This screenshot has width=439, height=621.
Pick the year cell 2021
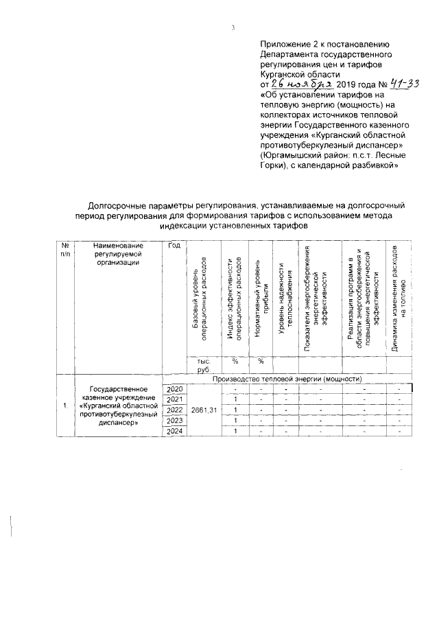tap(175, 399)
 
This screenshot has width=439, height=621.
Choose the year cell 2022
tap(175, 410)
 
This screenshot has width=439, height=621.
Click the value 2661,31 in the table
tap(203, 410)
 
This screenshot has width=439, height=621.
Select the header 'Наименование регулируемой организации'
tap(119, 253)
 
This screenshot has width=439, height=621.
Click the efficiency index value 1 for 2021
tap(235, 399)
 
